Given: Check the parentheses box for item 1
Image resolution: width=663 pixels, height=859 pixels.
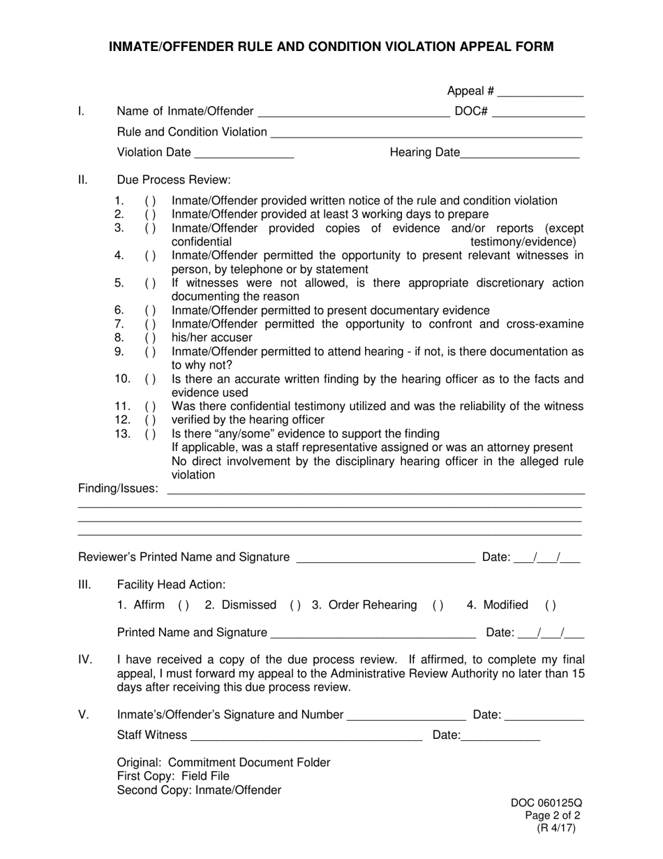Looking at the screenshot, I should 150,201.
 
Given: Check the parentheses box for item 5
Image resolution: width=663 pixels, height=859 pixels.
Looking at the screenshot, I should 150,283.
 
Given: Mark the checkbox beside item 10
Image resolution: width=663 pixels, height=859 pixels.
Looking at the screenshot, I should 150,379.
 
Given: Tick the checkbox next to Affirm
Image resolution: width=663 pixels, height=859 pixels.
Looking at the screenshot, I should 184,605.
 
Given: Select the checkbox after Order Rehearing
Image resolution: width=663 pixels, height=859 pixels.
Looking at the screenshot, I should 438,605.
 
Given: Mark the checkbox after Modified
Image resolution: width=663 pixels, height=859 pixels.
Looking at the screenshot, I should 550,605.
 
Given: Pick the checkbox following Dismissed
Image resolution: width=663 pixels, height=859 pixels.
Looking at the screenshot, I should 295,605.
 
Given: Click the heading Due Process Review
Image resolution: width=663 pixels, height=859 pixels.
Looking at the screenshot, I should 174,179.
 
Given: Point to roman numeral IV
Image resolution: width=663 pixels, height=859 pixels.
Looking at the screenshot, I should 85,659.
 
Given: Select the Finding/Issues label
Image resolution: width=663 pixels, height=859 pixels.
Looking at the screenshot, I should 118,488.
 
